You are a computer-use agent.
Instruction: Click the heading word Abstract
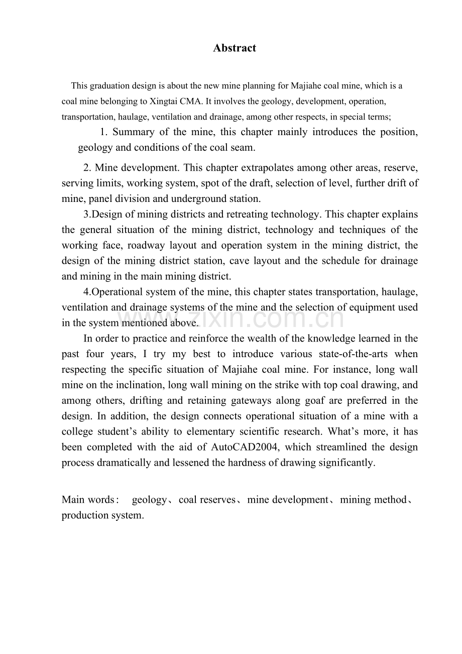(x=235, y=48)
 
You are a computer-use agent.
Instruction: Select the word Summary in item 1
(x=134, y=132)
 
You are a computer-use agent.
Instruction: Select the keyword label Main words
(x=88, y=500)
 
